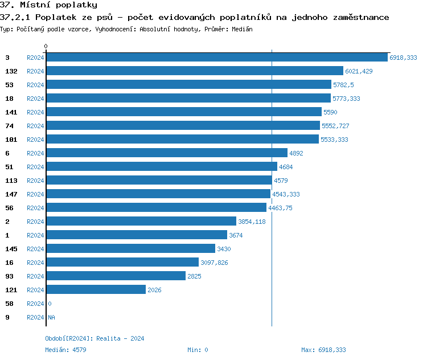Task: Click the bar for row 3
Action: pos(216,58)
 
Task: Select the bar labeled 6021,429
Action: pos(194,71)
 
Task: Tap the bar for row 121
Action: pos(96,290)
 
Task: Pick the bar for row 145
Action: pos(130,249)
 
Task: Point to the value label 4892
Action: pos(297,153)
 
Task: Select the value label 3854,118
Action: pos(252,222)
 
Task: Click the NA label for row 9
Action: pos(51,317)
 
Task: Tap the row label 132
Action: pos(11,71)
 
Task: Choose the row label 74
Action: pos(10,126)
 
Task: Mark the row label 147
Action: pos(11,194)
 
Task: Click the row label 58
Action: pos(10,304)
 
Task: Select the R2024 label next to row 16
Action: pos(35,263)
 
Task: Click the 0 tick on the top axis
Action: pos(46,46)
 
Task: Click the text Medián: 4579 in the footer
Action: pos(65,350)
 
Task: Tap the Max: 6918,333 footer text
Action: pos(323,350)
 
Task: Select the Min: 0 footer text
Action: pos(198,350)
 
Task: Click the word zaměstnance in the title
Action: pos(358,17)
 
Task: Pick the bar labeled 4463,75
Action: pos(156,208)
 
